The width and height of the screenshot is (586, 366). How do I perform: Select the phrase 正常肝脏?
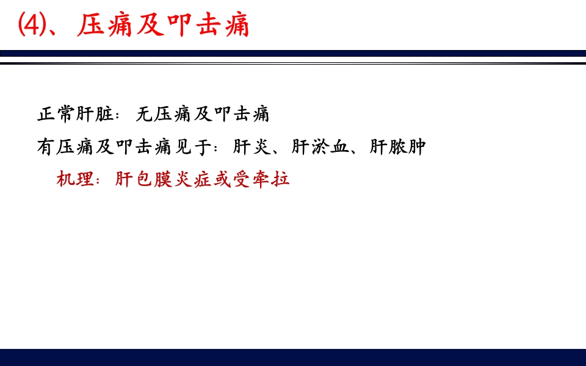click(x=74, y=115)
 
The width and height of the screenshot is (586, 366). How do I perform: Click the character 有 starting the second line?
click(x=46, y=148)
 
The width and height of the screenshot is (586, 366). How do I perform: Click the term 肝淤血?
click(x=320, y=148)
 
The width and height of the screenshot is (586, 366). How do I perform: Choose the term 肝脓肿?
click(x=397, y=148)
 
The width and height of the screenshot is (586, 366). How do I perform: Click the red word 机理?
click(x=75, y=181)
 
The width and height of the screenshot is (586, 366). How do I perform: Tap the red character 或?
click(x=222, y=181)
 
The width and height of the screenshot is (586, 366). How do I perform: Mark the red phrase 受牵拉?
click(x=261, y=181)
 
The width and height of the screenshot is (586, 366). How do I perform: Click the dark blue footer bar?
click(x=293, y=357)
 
